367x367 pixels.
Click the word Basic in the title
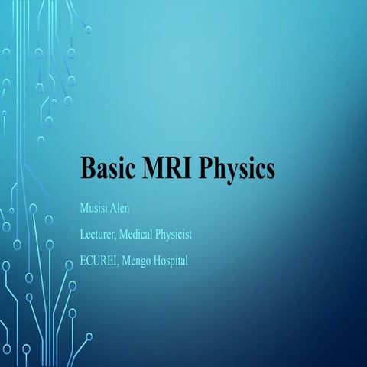tap(106, 168)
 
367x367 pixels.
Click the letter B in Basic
tap(87, 168)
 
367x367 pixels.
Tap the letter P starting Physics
tap(205, 168)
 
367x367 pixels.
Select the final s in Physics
tap(268, 171)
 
